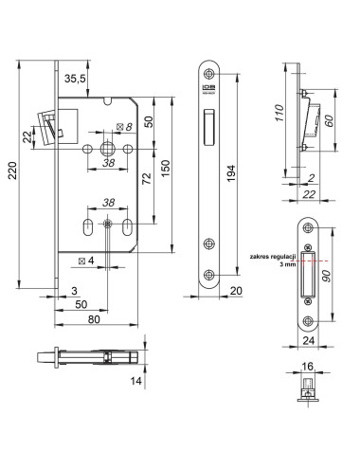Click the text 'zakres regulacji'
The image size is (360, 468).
tap(269, 257)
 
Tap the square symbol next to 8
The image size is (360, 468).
tap(117, 127)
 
